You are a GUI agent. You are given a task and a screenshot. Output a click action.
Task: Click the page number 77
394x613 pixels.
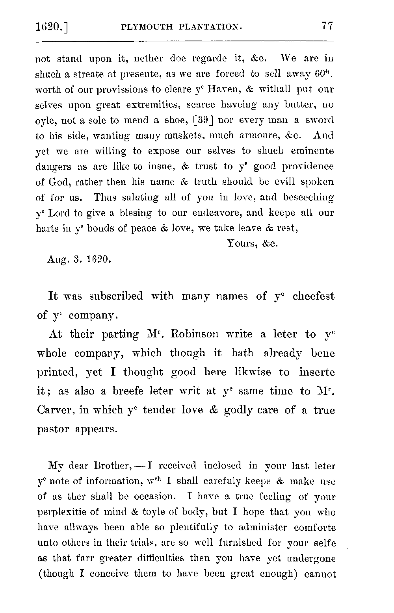point(327,26)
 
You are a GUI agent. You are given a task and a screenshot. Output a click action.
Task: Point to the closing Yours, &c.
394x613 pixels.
point(253,243)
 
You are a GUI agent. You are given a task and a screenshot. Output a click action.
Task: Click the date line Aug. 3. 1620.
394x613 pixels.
point(79,259)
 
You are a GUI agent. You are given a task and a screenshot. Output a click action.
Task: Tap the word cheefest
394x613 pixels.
point(313,296)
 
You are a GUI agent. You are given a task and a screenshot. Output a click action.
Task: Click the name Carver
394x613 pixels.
point(56,410)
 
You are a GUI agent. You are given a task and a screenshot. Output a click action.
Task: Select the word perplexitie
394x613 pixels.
point(64,512)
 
